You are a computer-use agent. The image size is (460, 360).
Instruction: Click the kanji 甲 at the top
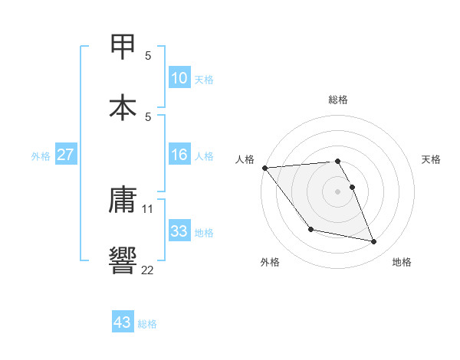coord(123,47)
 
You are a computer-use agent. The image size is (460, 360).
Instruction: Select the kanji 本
coord(123,106)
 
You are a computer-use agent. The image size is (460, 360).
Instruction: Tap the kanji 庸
coord(123,200)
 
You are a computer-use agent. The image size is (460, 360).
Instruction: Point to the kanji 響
coord(123,260)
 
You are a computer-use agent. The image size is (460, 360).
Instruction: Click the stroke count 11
coord(148,208)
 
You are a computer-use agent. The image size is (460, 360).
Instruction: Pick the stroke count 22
coord(148,269)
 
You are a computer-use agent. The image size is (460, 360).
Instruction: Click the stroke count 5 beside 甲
coord(148,55)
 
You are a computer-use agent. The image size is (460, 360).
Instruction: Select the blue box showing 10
coord(179,77)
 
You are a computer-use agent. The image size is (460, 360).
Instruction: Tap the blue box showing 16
coord(179,155)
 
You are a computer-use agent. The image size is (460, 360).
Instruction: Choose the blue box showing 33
coord(179,231)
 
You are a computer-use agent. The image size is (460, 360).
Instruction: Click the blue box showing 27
coord(65,155)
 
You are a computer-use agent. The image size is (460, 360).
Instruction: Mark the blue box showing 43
coord(123,322)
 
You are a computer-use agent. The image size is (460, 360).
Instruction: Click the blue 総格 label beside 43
coord(147,324)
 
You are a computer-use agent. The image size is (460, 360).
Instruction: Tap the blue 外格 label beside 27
coord(41,156)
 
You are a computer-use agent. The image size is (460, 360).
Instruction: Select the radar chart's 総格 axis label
coord(338,100)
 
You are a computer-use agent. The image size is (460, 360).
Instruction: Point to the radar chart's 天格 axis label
coord(432,159)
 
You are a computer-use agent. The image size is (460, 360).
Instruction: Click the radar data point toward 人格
coord(264,168)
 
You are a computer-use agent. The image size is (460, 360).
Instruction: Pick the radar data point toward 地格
coord(374,242)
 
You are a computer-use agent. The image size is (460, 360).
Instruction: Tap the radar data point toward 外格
coord(310,229)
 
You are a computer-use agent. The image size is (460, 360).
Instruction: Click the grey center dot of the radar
coord(338,191)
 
